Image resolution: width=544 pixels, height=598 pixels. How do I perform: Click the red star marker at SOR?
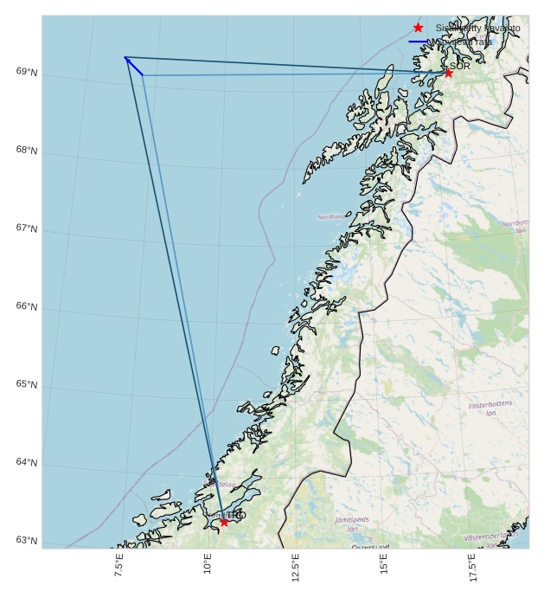click(x=448, y=74)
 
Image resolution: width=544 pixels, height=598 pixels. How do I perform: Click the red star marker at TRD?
click(x=224, y=522)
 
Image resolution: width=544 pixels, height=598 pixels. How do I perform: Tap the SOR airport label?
click(x=460, y=66)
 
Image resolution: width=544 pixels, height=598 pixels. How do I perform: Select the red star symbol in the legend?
click(x=419, y=29)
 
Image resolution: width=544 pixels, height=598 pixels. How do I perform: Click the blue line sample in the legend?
click(x=419, y=42)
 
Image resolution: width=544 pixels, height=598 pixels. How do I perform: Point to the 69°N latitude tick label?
click(x=27, y=72)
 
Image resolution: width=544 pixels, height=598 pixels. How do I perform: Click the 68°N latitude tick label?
click(x=27, y=151)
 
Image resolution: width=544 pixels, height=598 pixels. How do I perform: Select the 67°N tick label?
click(x=27, y=228)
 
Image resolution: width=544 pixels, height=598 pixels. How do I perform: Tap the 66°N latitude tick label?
click(x=27, y=306)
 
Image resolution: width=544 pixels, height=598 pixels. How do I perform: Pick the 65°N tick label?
click(x=27, y=384)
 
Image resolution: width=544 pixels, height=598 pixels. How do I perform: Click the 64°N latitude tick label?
click(x=27, y=462)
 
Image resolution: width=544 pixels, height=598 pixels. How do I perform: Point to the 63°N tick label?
click(x=27, y=540)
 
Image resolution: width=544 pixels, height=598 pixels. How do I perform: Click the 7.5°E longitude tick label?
click(x=119, y=568)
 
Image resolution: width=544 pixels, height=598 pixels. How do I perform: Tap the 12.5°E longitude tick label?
click(x=296, y=569)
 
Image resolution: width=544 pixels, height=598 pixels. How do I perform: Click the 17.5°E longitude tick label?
click(x=472, y=569)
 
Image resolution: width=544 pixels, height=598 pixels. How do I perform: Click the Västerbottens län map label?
click(x=490, y=408)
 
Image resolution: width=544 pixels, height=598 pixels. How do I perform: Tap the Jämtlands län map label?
click(x=352, y=524)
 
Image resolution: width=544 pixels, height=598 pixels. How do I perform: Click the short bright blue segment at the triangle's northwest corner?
click(x=134, y=66)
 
